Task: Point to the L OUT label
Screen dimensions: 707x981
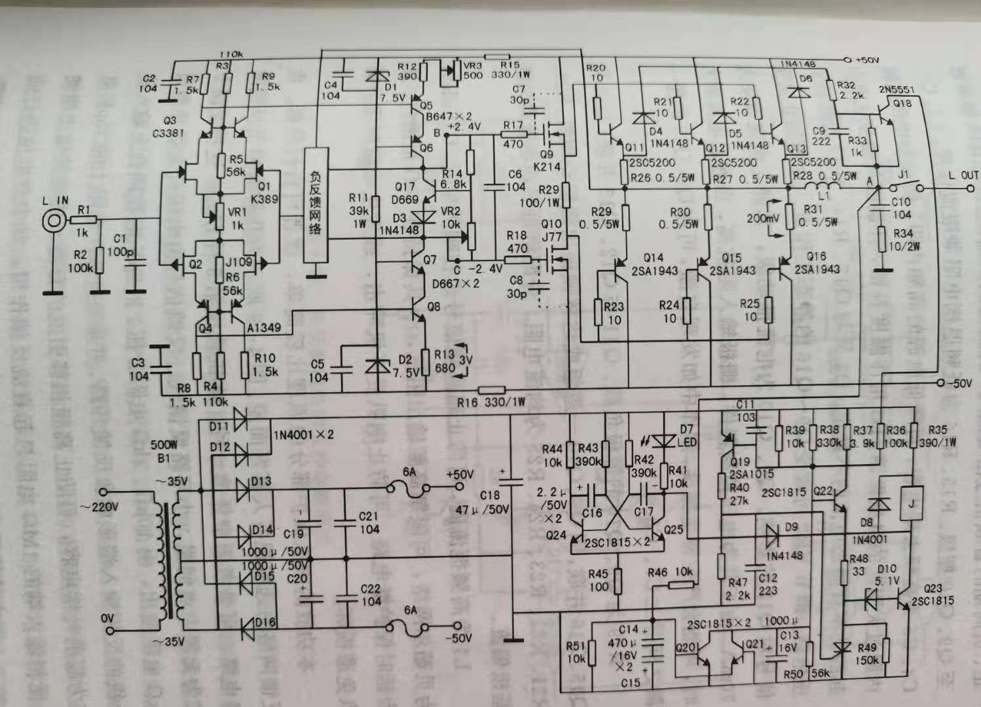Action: pyautogui.click(x=963, y=175)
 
